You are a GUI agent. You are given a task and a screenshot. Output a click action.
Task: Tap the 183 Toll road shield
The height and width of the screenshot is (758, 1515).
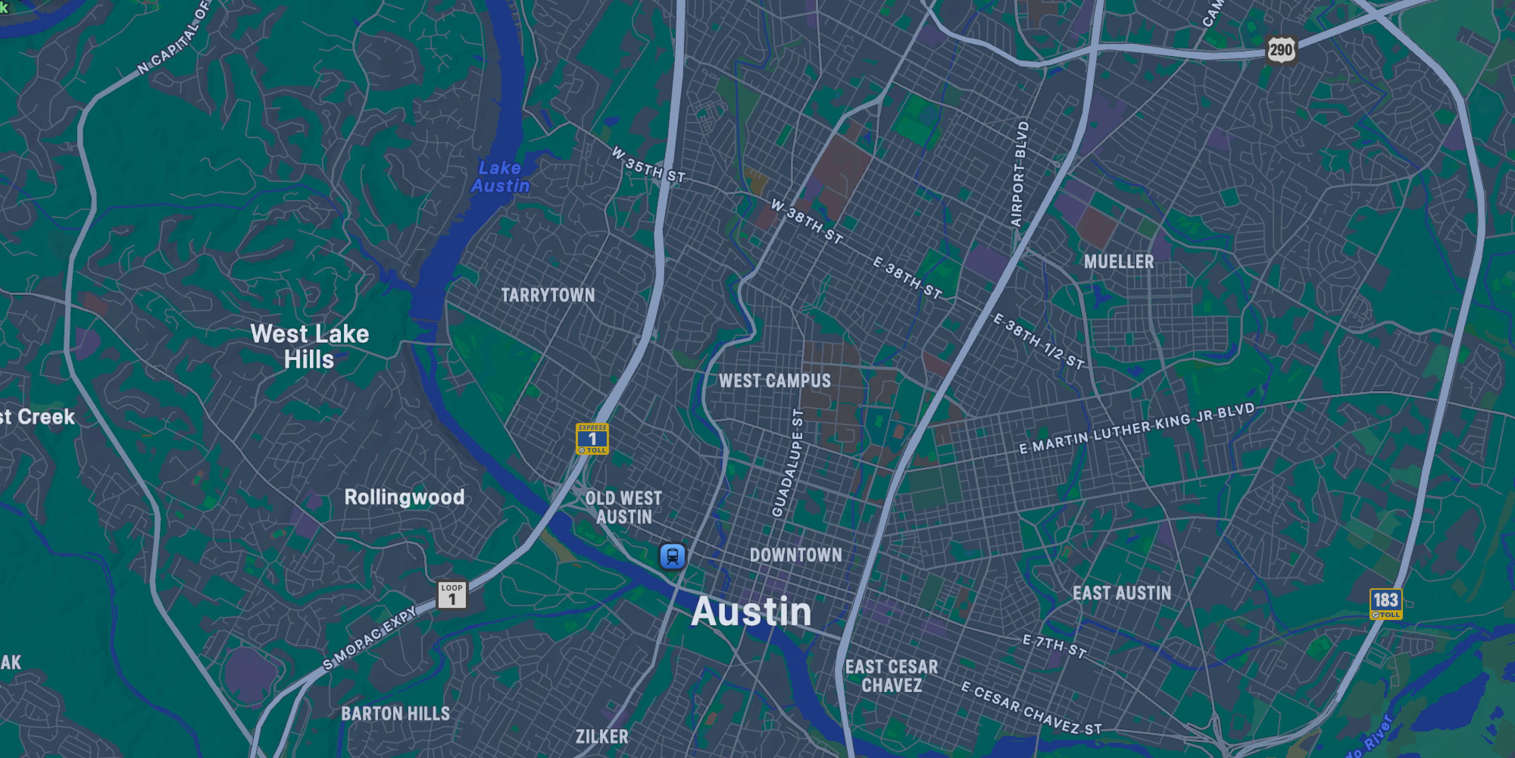click(x=1385, y=603)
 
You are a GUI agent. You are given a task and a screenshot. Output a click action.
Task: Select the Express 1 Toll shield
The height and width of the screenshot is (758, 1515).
click(x=592, y=439)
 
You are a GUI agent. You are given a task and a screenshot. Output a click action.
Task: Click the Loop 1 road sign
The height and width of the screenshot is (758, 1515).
click(x=452, y=595)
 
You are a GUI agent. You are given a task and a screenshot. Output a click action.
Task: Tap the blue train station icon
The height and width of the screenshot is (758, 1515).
click(x=672, y=556)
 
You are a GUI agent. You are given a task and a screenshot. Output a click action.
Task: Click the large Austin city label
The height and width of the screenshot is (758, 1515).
click(x=751, y=612)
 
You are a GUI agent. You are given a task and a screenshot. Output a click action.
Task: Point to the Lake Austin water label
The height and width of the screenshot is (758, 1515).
click(x=500, y=177)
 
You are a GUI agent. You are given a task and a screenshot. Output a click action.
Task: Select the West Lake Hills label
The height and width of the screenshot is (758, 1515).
click(x=309, y=347)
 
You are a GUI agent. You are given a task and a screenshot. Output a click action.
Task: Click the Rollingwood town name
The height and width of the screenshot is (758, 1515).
click(x=404, y=497)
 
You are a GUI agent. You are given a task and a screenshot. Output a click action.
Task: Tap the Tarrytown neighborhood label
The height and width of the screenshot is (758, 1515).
click(x=548, y=295)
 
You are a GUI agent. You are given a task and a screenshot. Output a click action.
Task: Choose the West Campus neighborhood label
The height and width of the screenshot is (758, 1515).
click(x=775, y=381)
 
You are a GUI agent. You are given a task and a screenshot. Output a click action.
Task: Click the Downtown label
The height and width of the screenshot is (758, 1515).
click(x=796, y=554)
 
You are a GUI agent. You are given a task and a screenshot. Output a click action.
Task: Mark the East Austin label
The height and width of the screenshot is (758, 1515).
click(x=1121, y=593)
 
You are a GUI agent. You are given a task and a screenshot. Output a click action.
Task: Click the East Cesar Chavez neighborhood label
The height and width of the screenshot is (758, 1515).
click(x=892, y=676)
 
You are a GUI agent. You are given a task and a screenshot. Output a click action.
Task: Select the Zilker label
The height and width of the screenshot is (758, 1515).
click(x=602, y=737)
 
